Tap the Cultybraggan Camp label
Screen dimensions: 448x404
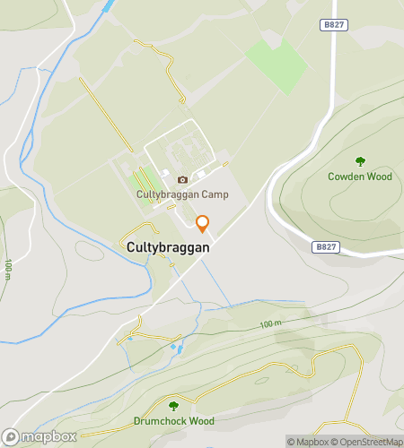point(182,194)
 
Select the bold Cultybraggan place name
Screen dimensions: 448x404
point(168,246)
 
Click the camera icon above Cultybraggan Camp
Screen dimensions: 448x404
point(182,179)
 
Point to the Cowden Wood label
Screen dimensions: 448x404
point(360,177)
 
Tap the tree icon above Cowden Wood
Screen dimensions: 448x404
point(360,161)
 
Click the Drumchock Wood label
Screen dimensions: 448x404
point(174,420)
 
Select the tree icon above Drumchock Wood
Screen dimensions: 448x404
point(173,406)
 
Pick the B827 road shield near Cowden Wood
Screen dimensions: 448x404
point(326,246)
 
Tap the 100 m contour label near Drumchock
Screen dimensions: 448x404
point(270,323)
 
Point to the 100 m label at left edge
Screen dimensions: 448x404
point(7,268)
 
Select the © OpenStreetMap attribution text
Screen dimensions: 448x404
point(368,441)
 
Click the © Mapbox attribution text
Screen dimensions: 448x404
point(308,441)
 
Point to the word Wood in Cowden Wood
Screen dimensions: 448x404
point(379,177)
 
